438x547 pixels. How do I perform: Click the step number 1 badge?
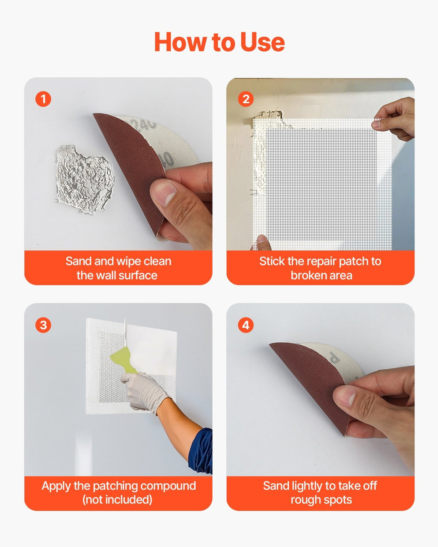click(x=43, y=99)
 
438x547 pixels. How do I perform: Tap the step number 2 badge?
click(x=246, y=99)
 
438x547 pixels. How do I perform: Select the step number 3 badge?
click(x=43, y=325)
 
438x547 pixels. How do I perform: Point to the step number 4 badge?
click(x=246, y=325)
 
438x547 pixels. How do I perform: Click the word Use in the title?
click(x=262, y=42)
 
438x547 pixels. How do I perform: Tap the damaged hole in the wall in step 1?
click(x=84, y=179)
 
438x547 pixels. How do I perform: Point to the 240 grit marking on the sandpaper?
click(x=143, y=124)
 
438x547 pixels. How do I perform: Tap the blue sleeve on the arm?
click(x=201, y=451)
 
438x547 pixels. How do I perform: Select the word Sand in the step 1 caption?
click(x=78, y=261)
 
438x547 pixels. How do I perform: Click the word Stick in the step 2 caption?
click(x=271, y=261)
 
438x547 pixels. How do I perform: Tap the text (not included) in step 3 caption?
click(x=117, y=500)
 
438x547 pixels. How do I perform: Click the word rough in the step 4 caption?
click(x=305, y=500)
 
